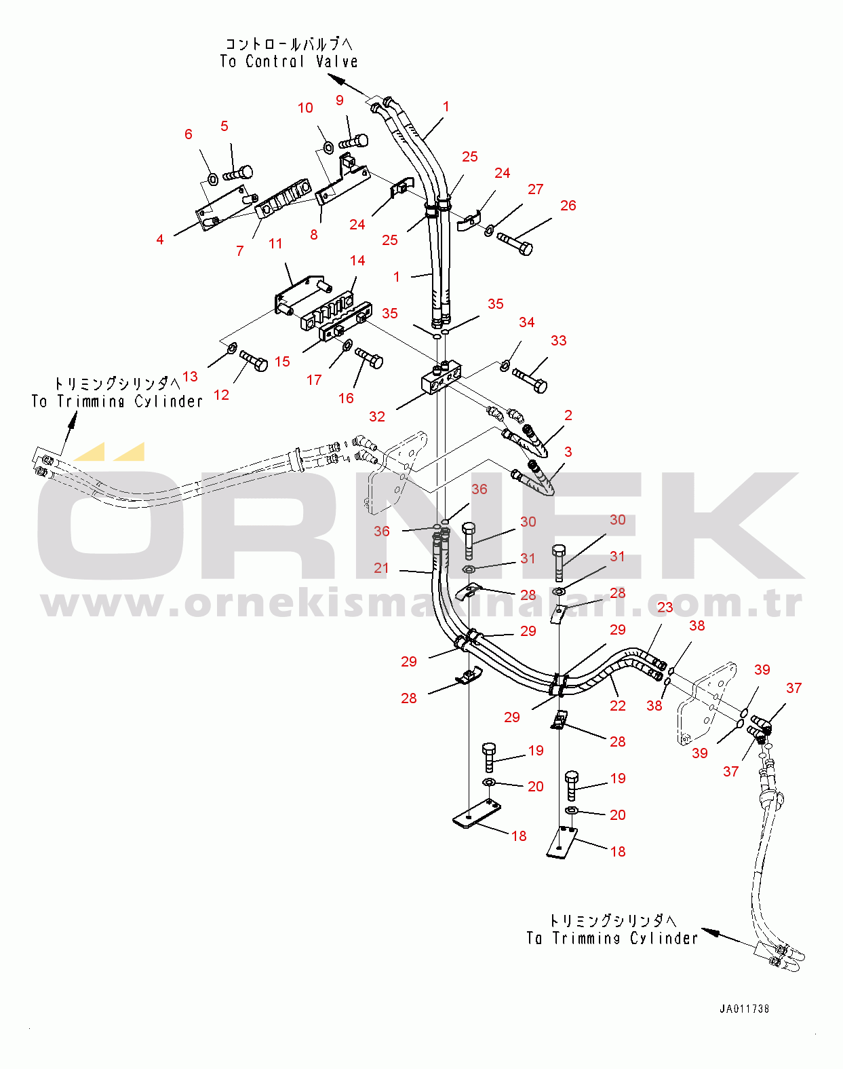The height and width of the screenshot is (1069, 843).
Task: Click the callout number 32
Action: tap(377, 416)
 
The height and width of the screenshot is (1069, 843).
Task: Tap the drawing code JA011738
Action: tap(744, 1009)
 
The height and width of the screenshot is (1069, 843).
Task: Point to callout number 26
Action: tap(568, 205)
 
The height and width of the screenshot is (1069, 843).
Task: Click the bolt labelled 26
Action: tap(515, 243)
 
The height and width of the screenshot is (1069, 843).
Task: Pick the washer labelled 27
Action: tap(489, 230)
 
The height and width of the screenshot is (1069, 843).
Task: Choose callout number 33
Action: tap(559, 340)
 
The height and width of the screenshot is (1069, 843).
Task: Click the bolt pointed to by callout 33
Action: tap(530, 379)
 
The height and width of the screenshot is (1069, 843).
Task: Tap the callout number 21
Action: tap(381, 567)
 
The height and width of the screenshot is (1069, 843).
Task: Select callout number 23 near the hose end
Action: tap(665, 607)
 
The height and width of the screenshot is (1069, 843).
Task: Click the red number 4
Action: tap(160, 240)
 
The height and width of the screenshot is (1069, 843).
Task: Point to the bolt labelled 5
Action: tap(237, 174)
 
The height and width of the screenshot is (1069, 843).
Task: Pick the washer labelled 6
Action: tap(212, 179)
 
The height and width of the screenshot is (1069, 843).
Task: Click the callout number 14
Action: tap(357, 261)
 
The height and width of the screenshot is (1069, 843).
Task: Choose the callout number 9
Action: tap(340, 100)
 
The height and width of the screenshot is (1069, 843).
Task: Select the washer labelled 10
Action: tap(328, 147)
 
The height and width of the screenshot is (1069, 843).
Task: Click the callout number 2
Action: tap(568, 415)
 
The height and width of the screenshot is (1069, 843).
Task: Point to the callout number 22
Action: tap(618, 705)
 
